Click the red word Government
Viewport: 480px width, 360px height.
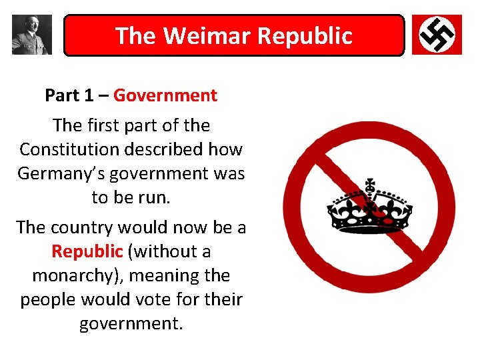(x=165, y=95)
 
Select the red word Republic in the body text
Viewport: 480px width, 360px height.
(x=87, y=251)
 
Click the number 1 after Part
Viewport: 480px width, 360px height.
(x=89, y=95)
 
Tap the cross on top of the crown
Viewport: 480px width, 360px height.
(x=369, y=183)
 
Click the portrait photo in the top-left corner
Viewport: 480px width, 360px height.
(x=31, y=35)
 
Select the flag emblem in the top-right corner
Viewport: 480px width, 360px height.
(x=437, y=35)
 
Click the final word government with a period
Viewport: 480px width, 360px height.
(x=131, y=323)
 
